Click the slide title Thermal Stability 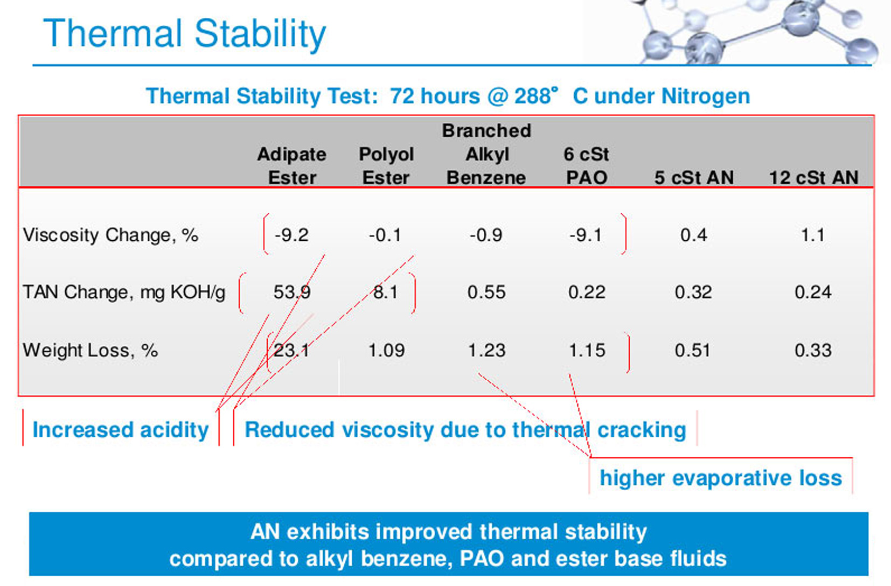[185, 34]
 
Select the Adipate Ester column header [292, 165]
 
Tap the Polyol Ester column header [386, 165]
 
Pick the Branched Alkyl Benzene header [486, 154]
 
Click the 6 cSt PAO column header [586, 165]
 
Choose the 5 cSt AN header [694, 177]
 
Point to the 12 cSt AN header [814, 177]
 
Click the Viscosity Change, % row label [110, 235]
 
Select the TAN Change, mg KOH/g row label [124, 292]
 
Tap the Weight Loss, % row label [91, 351]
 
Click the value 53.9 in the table [292, 292]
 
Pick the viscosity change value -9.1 [586, 235]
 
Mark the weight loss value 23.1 [291, 351]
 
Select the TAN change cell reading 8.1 [386, 292]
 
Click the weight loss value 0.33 [813, 351]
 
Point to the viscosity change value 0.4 [694, 235]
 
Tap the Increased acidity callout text [121, 430]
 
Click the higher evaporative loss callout [721, 478]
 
